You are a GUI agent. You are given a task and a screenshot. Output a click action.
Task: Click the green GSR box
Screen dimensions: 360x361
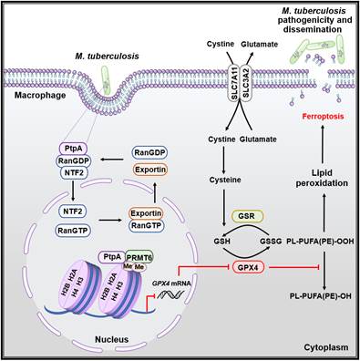pos(247,216)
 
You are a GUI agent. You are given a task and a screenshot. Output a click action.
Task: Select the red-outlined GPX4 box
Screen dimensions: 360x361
pos(248,267)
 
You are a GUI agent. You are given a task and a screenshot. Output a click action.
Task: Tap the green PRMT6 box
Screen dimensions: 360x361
pos(139,257)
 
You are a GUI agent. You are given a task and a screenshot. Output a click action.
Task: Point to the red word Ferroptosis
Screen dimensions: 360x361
pos(323,116)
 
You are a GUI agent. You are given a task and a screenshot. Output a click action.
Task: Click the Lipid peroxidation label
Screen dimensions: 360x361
pos(322,178)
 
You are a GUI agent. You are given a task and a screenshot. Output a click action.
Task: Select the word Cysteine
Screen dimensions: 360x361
pos(225,180)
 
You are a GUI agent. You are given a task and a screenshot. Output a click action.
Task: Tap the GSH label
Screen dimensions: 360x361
pos(221,242)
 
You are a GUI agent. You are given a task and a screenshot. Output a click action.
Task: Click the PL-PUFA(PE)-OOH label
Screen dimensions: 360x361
pos(320,242)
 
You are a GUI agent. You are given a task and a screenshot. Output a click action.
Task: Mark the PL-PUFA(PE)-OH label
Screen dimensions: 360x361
pos(320,295)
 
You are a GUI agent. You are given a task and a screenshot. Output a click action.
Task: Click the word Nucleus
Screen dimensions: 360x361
pos(112,339)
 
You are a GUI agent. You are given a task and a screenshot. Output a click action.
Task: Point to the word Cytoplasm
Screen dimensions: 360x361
pos(326,347)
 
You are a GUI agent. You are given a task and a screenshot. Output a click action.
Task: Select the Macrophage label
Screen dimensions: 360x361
pos(40,96)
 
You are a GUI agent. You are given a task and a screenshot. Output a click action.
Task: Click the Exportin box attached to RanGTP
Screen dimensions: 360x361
pos(146,213)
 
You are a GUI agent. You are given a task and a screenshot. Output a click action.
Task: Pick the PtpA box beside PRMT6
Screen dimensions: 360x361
pos(112,257)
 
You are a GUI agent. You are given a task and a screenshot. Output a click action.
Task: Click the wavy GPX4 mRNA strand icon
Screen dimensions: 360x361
pos(172,294)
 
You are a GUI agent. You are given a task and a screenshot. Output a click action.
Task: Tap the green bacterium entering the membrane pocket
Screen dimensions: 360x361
pos(105,80)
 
